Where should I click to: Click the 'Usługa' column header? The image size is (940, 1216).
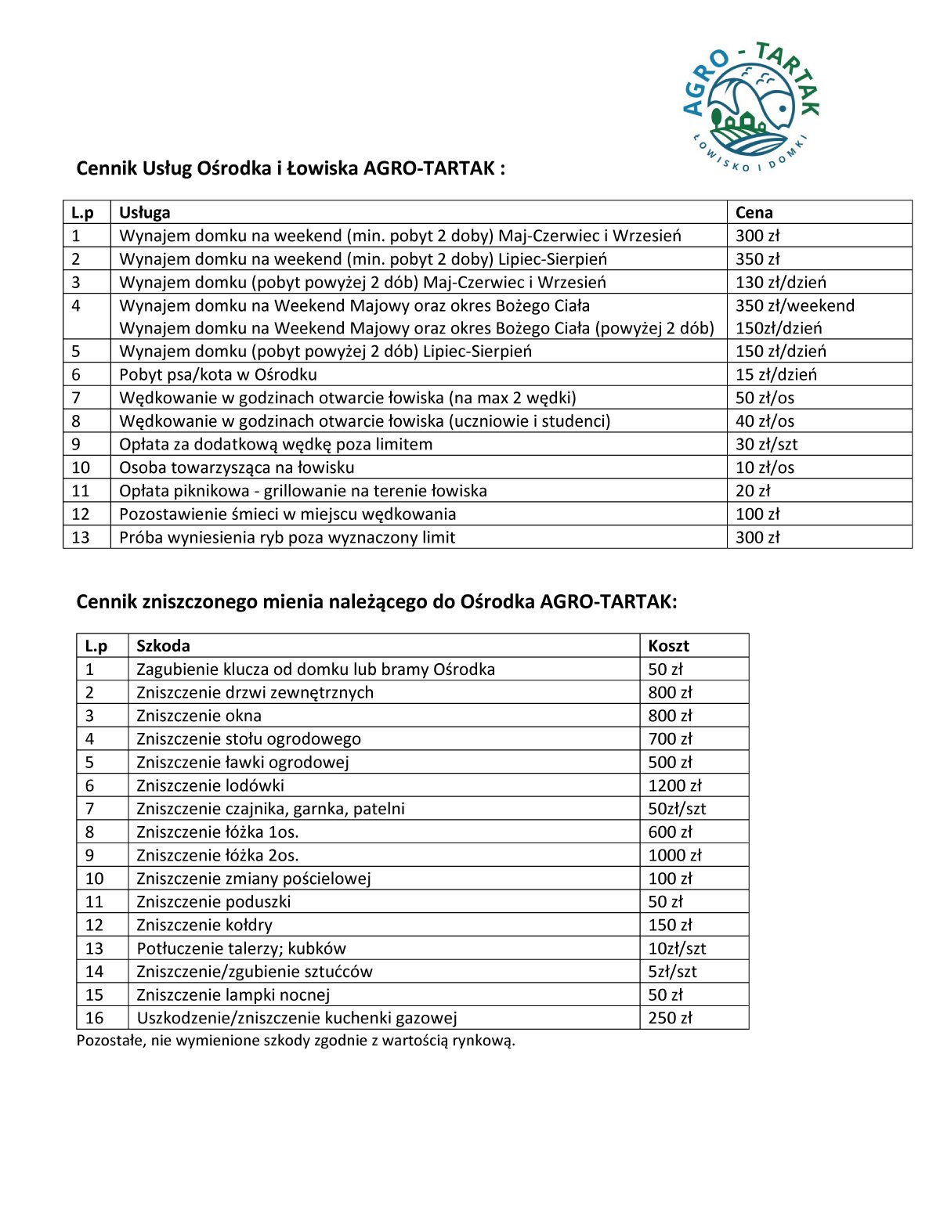click(x=144, y=212)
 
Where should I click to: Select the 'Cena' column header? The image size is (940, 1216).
click(x=754, y=212)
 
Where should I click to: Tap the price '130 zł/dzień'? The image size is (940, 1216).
click(x=780, y=282)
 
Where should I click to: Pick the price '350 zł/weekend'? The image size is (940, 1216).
click(x=794, y=305)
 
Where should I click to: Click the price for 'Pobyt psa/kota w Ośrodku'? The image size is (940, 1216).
click(x=775, y=374)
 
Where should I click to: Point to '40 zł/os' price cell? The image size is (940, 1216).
click(x=765, y=421)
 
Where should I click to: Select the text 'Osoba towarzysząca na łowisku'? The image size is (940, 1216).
click(x=237, y=467)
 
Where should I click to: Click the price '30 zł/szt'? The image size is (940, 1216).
click(x=766, y=444)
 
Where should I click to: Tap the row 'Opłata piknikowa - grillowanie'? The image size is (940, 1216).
click(x=302, y=491)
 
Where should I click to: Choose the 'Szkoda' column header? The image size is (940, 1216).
click(x=163, y=646)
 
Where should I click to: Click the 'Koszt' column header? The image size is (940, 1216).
click(x=668, y=646)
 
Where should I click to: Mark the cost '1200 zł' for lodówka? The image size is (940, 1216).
click(x=674, y=785)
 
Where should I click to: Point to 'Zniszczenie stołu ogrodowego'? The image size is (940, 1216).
click(x=248, y=738)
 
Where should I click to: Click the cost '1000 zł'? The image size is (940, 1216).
click(x=674, y=855)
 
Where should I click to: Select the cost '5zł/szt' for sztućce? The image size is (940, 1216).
click(x=672, y=972)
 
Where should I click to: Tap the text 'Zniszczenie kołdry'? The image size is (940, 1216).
click(x=204, y=925)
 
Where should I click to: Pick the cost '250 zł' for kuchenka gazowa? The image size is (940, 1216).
click(x=670, y=1018)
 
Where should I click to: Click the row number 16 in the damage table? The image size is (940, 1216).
click(x=94, y=1018)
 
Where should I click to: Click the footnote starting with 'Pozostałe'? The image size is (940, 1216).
click(x=295, y=1041)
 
